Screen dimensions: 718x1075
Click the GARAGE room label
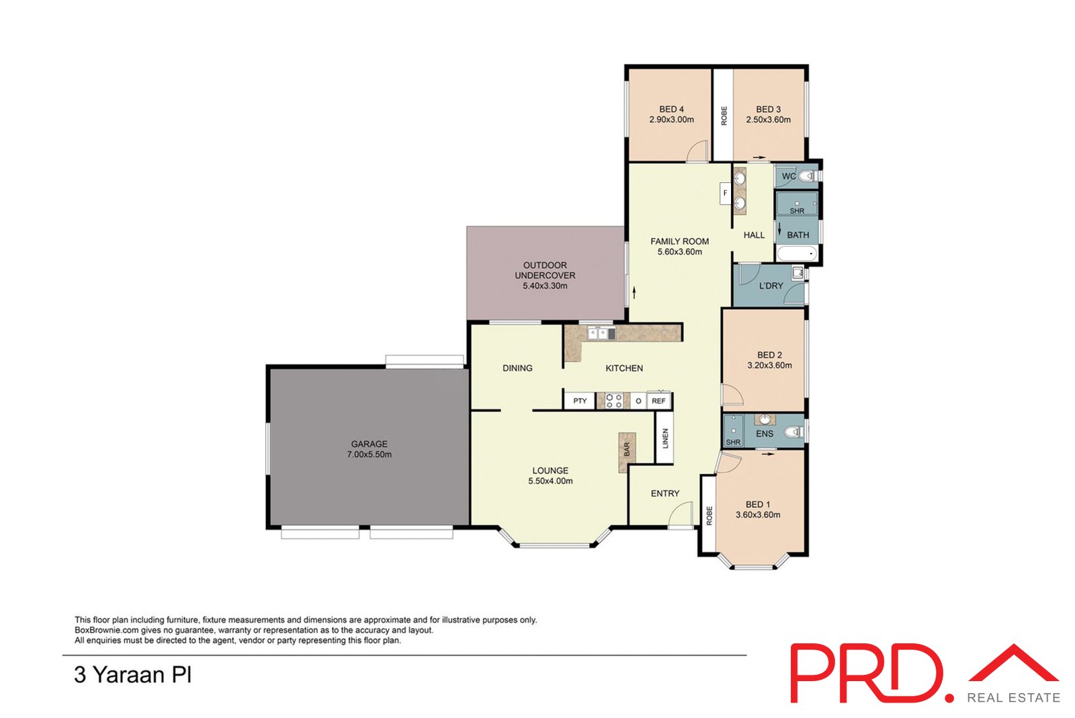coord(369,444)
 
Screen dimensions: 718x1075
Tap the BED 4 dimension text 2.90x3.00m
coord(671,120)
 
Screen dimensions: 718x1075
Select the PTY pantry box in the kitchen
coord(580,401)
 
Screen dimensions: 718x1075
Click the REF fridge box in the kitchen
coord(658,401)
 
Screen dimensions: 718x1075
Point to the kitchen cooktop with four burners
coord(613,401)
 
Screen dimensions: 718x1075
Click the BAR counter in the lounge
coord(627,449)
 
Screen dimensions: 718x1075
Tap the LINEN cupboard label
coord(665,438)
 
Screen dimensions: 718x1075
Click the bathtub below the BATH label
coord(796,254)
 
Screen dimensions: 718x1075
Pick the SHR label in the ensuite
coord(733,442)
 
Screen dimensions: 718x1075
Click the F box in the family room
coord(725,194)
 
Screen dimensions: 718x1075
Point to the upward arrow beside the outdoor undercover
coord(634,292)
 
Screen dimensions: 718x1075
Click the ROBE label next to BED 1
coord(709,515)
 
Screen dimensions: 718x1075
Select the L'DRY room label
coord(771,286)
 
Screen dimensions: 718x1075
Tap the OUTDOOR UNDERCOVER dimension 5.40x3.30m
coord(545,286)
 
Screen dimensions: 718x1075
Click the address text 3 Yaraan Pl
coord(132,674)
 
